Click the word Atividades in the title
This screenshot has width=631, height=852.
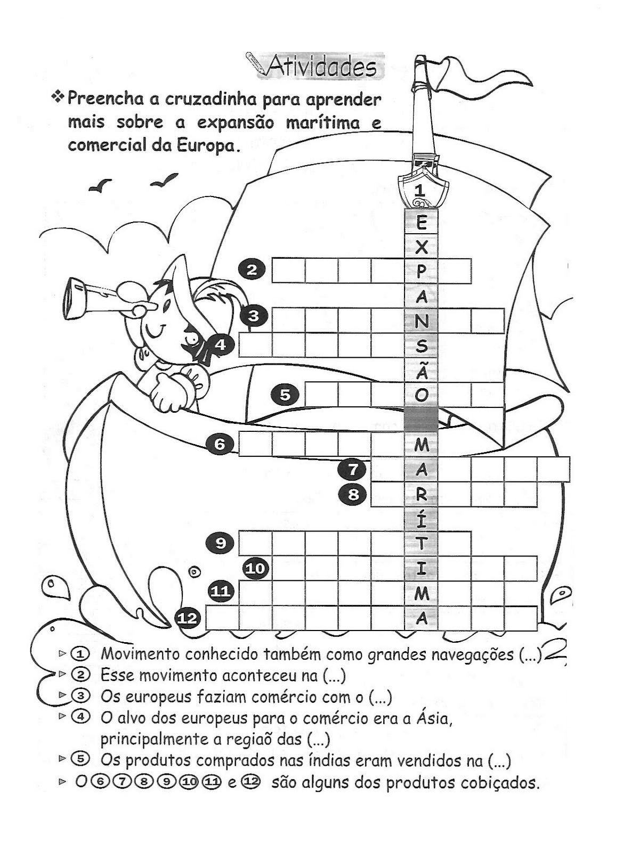321,68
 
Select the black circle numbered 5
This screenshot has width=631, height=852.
286,395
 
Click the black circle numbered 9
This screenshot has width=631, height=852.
220,543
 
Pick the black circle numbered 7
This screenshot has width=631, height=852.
353,470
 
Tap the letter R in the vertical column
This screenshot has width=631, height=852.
421,495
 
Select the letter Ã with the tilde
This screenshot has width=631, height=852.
421,370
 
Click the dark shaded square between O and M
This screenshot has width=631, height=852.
421,419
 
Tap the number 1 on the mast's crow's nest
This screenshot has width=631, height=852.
420,190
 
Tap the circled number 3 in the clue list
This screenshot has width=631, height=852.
80,696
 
